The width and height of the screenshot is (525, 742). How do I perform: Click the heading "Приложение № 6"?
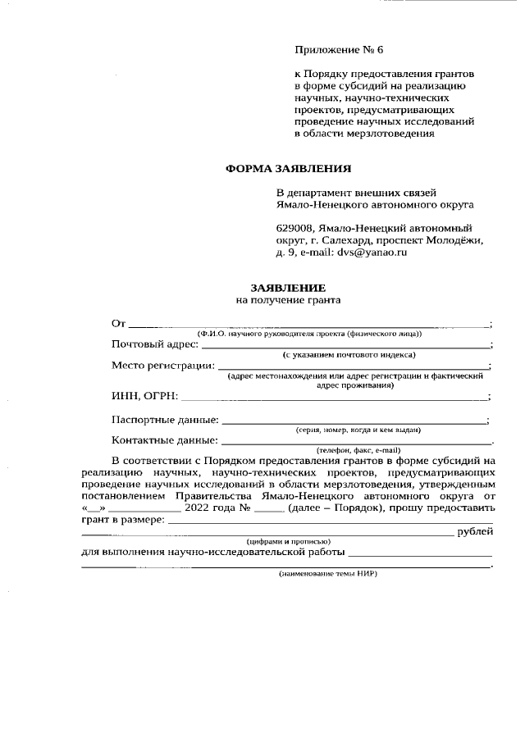[x=339, y=51]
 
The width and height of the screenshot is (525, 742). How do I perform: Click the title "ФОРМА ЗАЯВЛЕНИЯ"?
[x=288, y=170]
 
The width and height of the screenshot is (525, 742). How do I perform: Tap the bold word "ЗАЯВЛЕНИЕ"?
[x=288, y=289]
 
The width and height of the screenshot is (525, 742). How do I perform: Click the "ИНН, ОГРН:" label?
[x=144, y=397]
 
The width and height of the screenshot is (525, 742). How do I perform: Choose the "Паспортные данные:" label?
[x=165, y=421]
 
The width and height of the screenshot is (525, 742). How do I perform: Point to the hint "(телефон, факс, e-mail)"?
[x=358, y=450]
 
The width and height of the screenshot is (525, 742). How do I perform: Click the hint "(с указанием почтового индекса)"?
[x=349, y=354]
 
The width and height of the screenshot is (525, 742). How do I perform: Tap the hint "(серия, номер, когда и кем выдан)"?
[x=358, y=430]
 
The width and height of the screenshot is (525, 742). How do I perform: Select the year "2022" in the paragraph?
[x=201, y=508]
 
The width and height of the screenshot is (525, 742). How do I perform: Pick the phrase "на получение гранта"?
[x=288, y=301]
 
